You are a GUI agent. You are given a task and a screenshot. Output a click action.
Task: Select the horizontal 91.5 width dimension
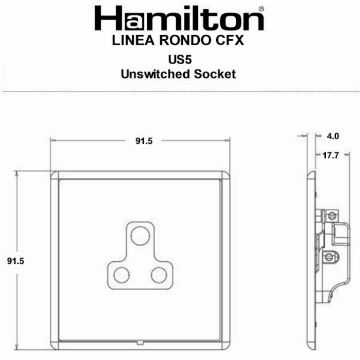(x=144, y=141)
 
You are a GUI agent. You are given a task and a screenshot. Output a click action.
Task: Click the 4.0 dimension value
(x=333, y=136)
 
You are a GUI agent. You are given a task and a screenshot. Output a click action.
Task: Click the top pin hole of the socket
(x=140, y=235)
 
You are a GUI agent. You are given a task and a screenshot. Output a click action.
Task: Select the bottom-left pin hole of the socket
(x=121, y=274)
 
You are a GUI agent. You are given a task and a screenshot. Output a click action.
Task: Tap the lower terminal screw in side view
(x=330, y=256)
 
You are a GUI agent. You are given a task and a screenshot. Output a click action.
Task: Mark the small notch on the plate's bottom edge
(x=140, y=342)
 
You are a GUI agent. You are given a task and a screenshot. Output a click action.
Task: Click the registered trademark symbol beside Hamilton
(x=261, y=8)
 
